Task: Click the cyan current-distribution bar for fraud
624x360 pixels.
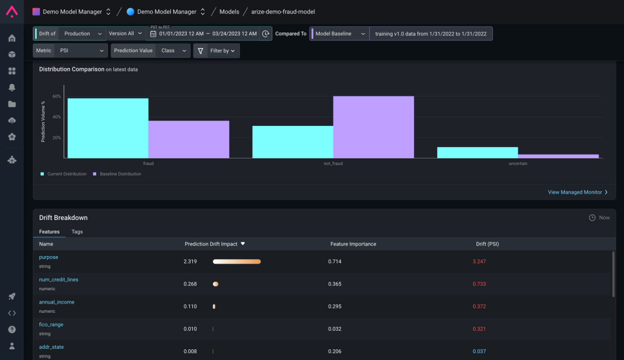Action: point(108,128)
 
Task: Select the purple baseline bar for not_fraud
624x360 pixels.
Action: point(374,127)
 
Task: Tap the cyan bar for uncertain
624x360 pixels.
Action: point(478,153)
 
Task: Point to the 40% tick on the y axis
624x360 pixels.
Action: point(57,117)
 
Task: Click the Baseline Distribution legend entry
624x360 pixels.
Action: point(117,174)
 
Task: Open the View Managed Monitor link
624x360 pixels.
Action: point(578,192)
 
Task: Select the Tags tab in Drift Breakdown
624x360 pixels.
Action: point(77,231)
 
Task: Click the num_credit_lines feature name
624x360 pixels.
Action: point(58,280)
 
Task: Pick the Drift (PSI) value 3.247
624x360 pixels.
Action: point(479,261)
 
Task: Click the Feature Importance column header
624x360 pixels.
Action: point(353,244)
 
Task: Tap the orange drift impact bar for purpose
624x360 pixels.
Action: point(237,261)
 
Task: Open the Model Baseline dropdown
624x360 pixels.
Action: point(340,34)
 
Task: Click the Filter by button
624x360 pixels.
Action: point(217,51)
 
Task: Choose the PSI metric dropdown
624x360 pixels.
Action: point(81,51)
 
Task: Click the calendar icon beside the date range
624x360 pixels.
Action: point(153,34)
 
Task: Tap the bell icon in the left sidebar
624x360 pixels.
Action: point(11,87)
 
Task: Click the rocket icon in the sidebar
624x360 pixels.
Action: point(11,296)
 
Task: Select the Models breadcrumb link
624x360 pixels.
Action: point(229,11)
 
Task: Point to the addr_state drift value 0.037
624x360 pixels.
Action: point(479,351)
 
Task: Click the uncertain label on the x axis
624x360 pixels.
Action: point(518,163)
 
